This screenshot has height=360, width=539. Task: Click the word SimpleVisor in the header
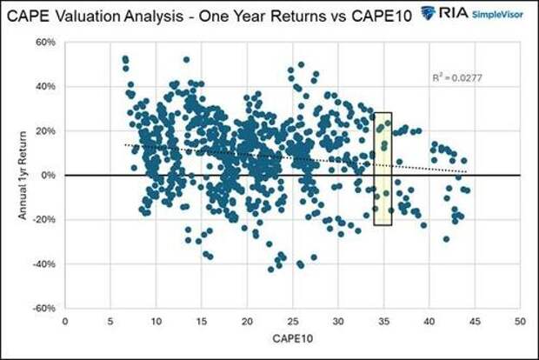499,14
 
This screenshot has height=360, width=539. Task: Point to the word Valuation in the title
96,12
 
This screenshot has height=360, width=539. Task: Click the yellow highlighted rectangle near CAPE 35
383,169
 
